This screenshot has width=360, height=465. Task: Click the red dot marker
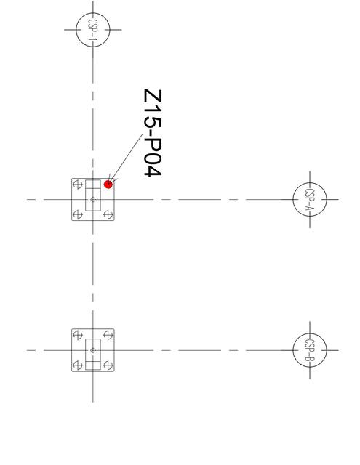(x=108, y=185)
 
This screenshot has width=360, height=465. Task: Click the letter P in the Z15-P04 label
(x=153, y=145)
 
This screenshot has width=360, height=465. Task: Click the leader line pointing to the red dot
(x=126, y=158)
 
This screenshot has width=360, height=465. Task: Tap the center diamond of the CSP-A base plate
(x=93, y=200)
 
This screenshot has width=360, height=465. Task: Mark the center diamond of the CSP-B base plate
(x=93, y=350)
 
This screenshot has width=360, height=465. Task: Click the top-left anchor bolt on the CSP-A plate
(x=78, y=185)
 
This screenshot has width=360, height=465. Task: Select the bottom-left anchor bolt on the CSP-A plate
(x=78, y=214)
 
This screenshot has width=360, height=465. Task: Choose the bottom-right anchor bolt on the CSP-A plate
(x=108, y=214)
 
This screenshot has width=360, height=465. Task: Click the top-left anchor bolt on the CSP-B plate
(x=78, y=336)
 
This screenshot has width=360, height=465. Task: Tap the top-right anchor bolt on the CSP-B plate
(x=108, y=336)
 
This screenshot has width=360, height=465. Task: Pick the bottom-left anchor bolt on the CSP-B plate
(x=78, y=365)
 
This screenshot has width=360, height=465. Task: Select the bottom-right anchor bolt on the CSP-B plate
(x=108, y=365)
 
